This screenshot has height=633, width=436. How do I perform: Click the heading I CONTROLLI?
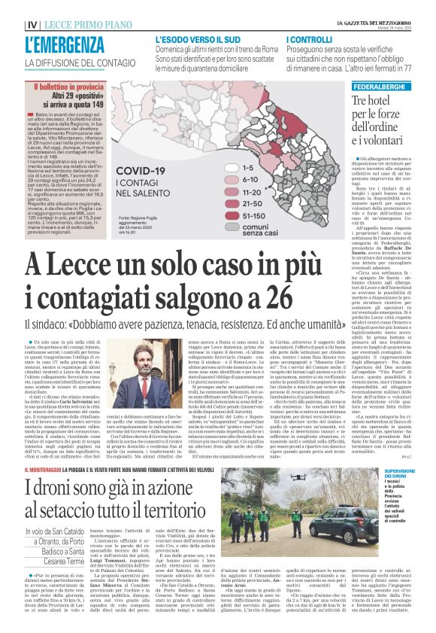311,38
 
